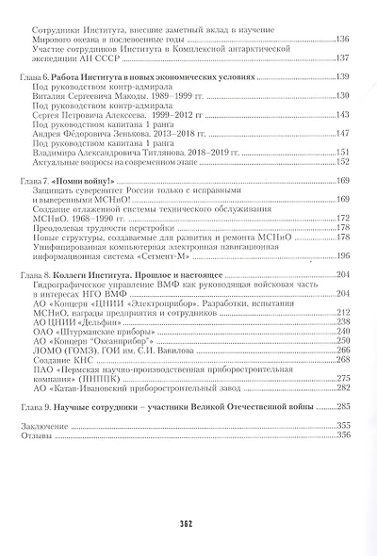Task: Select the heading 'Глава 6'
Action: [x=39, y=75]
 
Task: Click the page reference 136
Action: [x=342, y=39]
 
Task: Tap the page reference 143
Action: [x=342, y=114]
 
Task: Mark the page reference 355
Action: [x=342, y=425]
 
